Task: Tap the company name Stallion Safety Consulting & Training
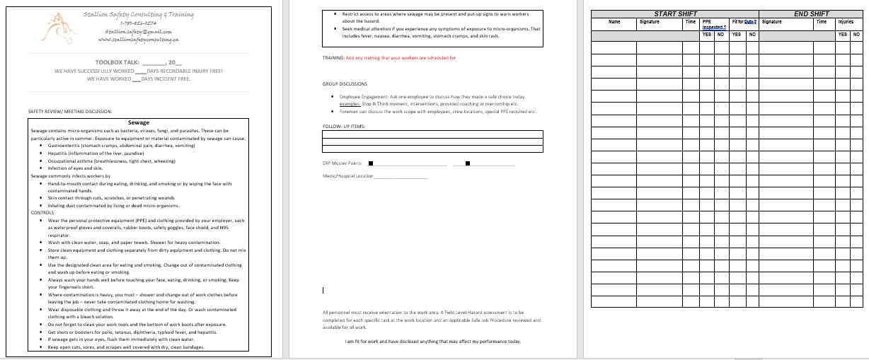coord(138,15)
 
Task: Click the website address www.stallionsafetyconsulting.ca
coord(138,40)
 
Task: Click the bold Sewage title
coord(138,122)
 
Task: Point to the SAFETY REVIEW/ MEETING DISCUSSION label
coord(70,111)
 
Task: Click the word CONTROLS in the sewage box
coord(42,212)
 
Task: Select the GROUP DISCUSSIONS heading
coord(345,83)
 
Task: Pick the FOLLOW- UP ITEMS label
coord(344,126)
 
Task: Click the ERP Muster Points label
coord(343,163)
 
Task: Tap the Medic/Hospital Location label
coord(347,176)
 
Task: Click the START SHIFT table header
coord(675,14)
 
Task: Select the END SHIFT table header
coord(811,14)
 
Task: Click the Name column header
coord(614,22)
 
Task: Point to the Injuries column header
coord(846,22)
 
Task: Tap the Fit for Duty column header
coord(744,22)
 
